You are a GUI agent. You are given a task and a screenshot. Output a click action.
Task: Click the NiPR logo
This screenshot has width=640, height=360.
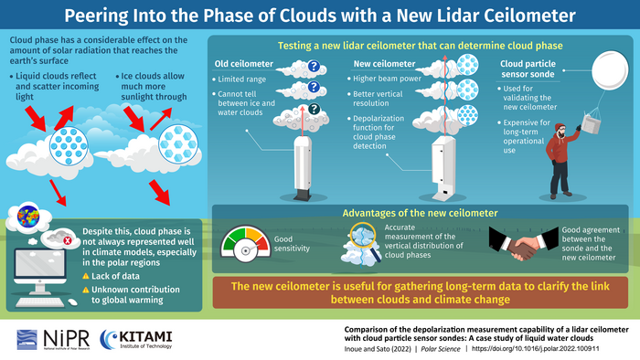coord(53,339)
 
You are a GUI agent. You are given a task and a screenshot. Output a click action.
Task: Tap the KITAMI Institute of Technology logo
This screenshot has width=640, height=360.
coord(136,339)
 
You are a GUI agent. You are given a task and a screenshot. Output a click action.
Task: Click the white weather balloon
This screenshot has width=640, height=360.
coord(610,70)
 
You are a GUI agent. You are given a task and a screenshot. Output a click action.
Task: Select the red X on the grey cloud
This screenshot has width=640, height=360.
coord(68,241)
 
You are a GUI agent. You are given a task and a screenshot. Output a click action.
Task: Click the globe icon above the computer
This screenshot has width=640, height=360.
coord(28,216)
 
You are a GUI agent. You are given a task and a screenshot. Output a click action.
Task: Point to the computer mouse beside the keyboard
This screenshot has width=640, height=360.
coord(72,302)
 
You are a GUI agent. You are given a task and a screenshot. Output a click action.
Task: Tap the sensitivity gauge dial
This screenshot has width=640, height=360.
coord(245,244)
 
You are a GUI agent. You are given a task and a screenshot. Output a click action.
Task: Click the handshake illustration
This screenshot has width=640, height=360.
coord(523,243)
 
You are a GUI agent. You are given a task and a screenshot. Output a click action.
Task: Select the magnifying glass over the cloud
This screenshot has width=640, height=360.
coord(365,240)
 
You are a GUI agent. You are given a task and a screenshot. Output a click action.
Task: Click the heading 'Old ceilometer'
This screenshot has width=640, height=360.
coord(244,64)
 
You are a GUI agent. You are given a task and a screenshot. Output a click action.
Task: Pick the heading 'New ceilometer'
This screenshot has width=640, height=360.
coord(384,64)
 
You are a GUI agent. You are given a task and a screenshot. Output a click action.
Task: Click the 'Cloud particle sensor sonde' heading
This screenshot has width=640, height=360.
coord(528,69)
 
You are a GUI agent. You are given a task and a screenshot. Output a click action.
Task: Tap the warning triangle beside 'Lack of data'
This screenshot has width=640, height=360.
coord(86,276)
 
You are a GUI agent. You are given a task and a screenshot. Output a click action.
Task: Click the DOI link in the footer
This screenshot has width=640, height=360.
coord(536,349)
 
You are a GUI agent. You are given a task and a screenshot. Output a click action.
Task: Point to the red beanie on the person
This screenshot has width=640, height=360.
coord(560,127)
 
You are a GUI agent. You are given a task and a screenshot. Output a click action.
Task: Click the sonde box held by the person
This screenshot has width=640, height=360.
coord(591,123)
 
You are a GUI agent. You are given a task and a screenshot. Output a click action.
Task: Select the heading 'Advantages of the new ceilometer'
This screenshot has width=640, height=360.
coord(420,213)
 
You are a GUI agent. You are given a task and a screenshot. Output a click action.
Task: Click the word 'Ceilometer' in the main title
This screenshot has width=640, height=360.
coord(529,16)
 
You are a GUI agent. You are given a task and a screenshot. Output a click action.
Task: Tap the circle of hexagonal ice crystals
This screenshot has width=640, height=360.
coord(178,144)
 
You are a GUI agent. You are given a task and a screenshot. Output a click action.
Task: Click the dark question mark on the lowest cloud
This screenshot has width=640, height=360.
coord(314,109)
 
